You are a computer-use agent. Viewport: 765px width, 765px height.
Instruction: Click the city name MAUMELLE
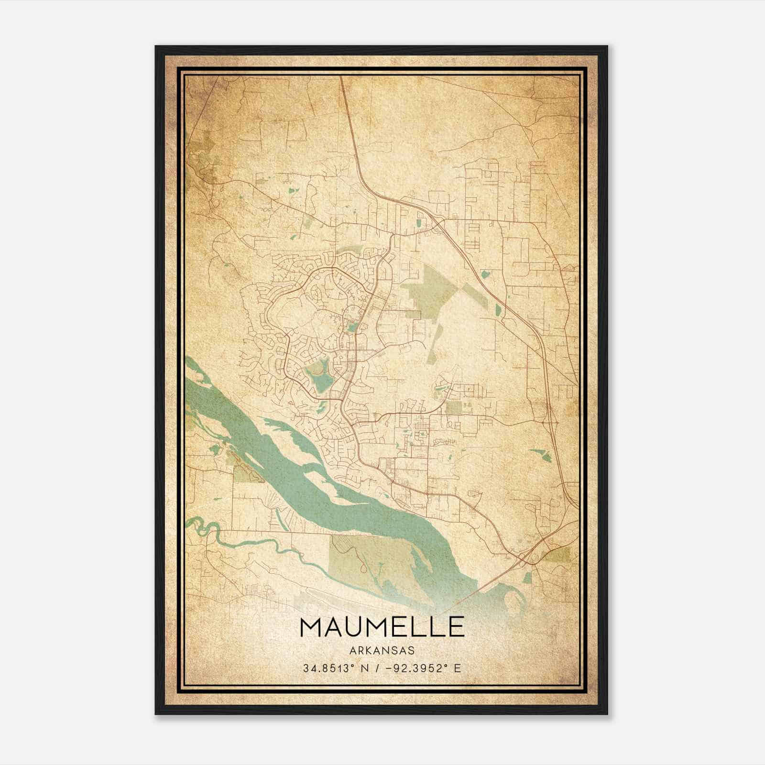(x=382, y=627)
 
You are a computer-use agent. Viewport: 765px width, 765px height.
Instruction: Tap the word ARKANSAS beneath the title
(x=382, y=651)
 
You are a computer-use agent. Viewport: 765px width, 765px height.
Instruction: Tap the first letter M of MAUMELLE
(x=310, y=627)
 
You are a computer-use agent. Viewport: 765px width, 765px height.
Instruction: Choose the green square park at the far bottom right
(x=557, y=555)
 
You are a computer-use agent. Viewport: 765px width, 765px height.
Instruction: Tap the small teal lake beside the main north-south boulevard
(x=352, y=328)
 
